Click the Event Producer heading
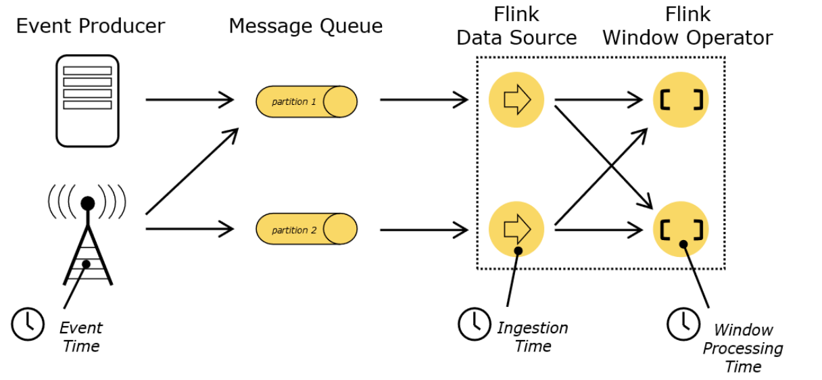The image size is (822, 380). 91,26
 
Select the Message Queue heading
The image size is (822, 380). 306,26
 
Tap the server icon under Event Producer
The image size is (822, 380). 87,101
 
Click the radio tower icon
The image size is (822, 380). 87,235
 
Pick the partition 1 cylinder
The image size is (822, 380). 306,101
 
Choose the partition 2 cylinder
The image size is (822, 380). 306,229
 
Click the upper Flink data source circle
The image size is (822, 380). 516,99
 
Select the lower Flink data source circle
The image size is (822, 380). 516,229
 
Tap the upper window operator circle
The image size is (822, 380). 681,99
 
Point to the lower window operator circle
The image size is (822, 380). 681,229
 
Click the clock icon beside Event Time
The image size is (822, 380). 28,324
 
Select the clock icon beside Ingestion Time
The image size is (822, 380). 475,324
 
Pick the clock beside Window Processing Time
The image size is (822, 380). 683,324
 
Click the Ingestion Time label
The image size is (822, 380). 533,337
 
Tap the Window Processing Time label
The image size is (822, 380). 743,348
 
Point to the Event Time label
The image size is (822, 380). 81,337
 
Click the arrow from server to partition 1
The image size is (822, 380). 190,99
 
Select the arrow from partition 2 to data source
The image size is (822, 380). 425,230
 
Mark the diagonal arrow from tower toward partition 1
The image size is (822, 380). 192,171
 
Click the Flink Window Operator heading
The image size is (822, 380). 687,26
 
